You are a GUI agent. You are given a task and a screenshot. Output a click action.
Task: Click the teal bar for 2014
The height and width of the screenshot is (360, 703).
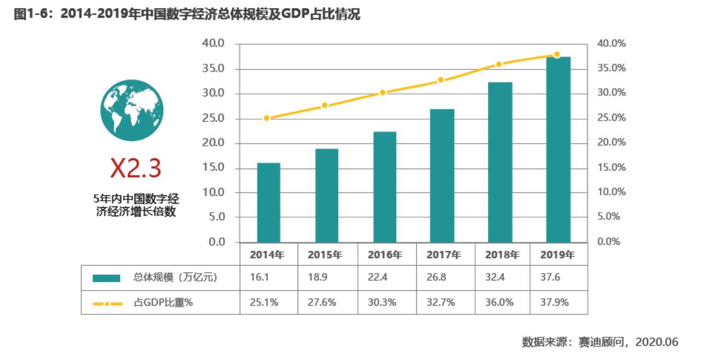pyautogui.click(x=268, y=202)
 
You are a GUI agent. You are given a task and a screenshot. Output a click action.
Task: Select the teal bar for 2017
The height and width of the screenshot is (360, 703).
pyautogui.click(x=442, y=176)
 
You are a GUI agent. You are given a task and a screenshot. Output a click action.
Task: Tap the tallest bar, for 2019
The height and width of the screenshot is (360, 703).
pyautogui.click(x=558, y=149)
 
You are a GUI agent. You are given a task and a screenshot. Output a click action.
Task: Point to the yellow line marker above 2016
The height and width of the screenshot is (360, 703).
pyautogui.click(x=383, y=92)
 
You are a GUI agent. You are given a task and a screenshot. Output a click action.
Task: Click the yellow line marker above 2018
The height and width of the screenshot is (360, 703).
pyautogui.click(x=499, y=64)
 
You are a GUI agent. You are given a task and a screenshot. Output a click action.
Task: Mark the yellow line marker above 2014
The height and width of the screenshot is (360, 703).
pyautogui.click(x=267, y=118)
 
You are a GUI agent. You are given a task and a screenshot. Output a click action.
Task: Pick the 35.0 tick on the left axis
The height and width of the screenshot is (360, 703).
pyautogui.click(x=213, y=68)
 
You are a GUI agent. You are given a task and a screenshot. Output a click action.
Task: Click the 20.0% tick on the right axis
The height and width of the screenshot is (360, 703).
pyautogui.click(x=611, y=142)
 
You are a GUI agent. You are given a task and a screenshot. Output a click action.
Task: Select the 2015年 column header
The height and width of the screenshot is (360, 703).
pyautogui.click(x=325, y=255)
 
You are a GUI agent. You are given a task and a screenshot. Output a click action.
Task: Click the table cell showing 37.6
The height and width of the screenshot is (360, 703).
pyautogui.click(x=550, y=277)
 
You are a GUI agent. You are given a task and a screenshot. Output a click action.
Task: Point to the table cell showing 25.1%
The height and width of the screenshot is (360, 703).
pyautogui.click(x=264, y=302)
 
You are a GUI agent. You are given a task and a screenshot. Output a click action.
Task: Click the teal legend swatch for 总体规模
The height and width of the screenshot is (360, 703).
pyautogui.click(x=106, y=278)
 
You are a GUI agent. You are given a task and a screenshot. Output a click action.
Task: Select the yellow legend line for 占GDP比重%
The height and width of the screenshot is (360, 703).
pyautogui.click(x=107, y=303)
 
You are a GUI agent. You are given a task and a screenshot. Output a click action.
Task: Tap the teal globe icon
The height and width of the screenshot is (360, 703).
pyautogui.click(x=132, y=110)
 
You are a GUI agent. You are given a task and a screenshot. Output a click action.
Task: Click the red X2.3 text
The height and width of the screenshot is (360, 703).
pyautogui.click(x=135, y=169)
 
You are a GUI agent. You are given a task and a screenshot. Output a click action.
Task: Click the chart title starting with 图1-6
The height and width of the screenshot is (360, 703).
pyautogui.click(x=187, y=15)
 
